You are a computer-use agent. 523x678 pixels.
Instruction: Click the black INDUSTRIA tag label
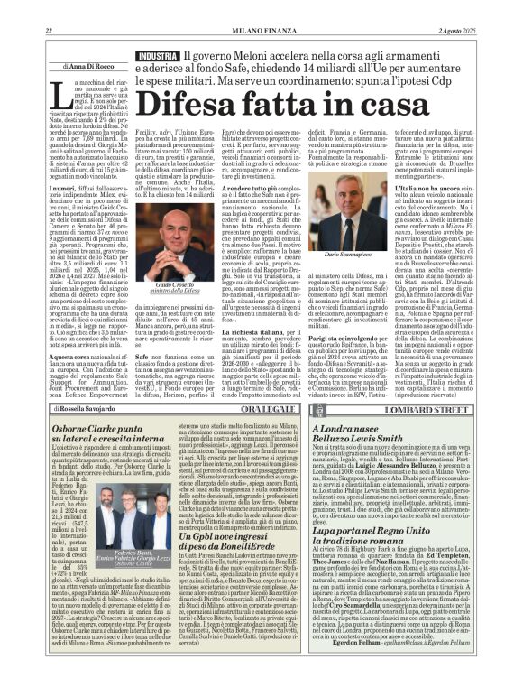pos(157,56)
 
